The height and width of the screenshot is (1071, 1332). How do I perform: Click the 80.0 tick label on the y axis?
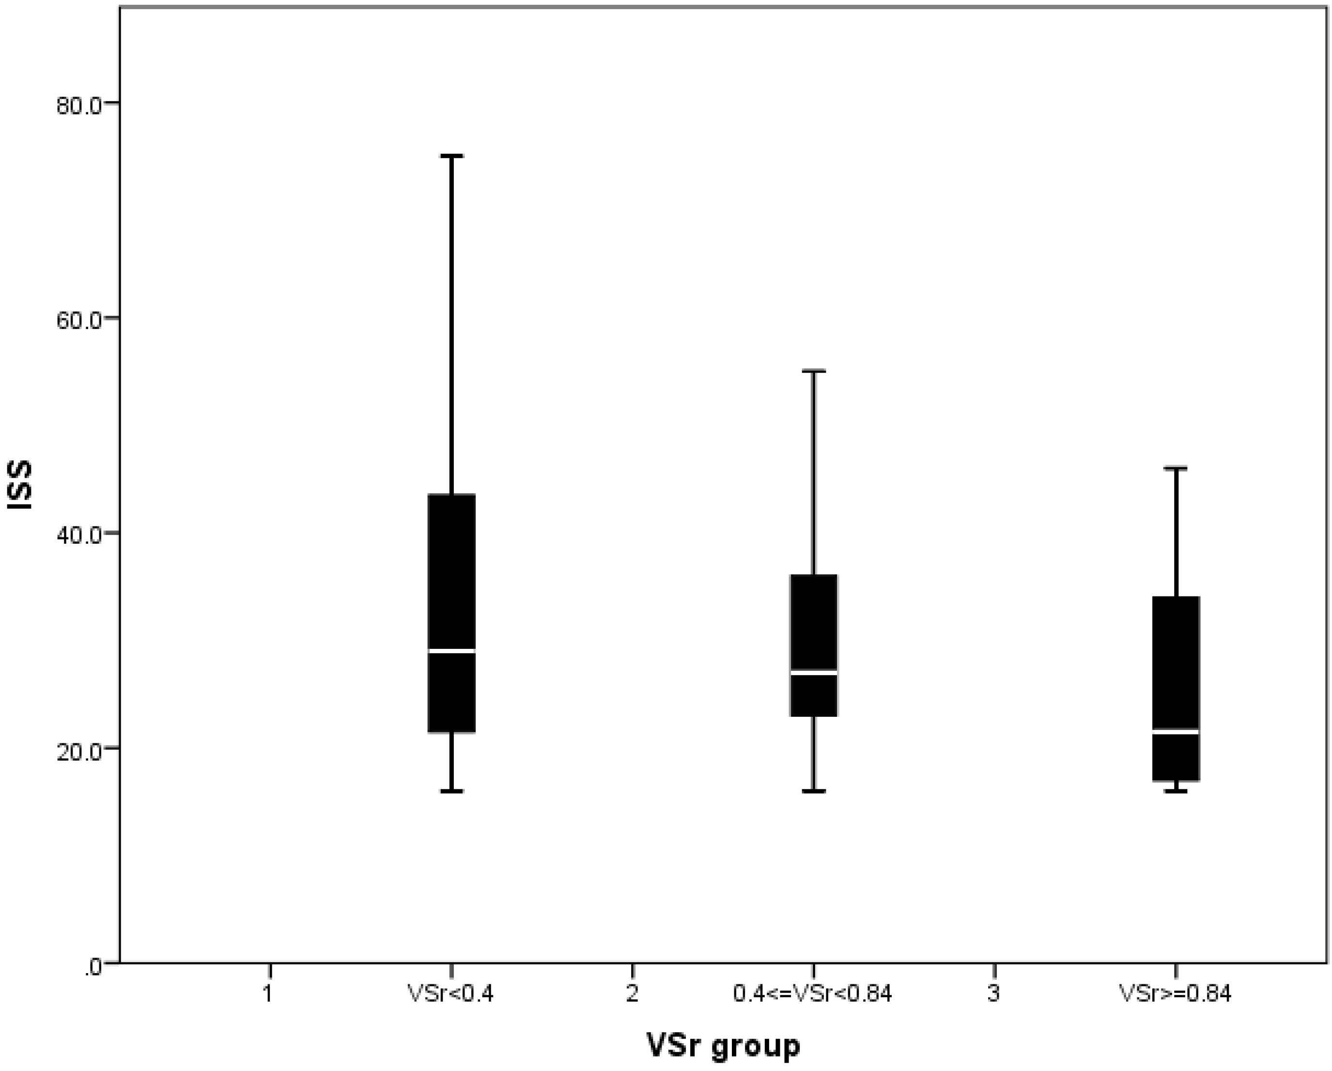point(78,105)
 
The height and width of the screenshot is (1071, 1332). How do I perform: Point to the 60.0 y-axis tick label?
point(78,321)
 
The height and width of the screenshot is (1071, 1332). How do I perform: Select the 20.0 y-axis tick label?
point(78,751)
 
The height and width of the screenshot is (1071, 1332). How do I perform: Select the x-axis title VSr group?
point(723,1046)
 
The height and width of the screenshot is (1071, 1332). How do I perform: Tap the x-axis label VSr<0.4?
point(450,994)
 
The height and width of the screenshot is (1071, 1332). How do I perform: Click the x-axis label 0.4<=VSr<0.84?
point(812,994)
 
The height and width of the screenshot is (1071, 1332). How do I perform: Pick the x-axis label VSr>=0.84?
point(1175,994)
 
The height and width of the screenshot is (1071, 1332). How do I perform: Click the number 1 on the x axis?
point(267,994)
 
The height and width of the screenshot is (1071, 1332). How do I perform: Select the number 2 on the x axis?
point(632,994)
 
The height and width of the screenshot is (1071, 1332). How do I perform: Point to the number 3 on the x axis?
point(993,994)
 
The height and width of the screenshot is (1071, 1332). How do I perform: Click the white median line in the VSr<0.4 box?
point(451,651)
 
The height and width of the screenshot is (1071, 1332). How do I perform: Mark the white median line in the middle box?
point(814,672)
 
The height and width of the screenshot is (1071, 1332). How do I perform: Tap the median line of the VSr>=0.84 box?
point(1176,731)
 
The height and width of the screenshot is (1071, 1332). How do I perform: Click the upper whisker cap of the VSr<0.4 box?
point(451,157)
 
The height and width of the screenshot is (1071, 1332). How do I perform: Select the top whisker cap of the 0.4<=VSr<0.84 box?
point(814,371)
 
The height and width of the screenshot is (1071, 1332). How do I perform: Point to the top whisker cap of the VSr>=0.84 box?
point(1176,469)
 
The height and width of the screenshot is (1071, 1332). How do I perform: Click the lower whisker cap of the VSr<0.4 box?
point(451,791)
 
